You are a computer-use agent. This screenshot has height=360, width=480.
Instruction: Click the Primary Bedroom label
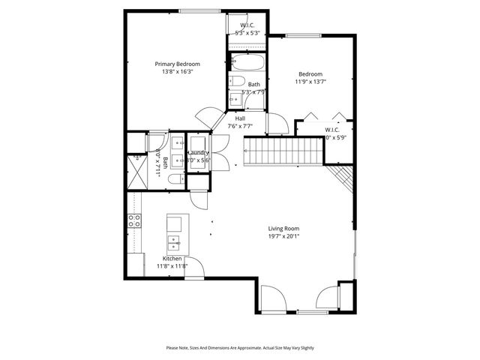click(177, 64)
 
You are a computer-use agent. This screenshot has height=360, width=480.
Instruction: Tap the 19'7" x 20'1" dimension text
click(284, 236)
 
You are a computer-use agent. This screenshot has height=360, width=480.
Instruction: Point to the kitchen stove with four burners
click(135, 220)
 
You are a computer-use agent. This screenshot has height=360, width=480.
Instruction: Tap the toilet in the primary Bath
click(174, 180)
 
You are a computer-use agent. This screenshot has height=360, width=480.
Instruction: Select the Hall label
click(240, 118)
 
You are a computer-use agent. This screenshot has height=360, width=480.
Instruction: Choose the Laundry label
click(199, 152)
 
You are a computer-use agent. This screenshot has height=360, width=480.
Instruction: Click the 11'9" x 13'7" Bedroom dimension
click(310, 82)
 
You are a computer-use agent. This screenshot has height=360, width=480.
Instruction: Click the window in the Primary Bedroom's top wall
click(199, 10)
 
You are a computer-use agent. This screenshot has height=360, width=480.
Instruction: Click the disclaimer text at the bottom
click(239, 347)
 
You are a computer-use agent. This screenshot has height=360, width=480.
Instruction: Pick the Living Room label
click(284, 228)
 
